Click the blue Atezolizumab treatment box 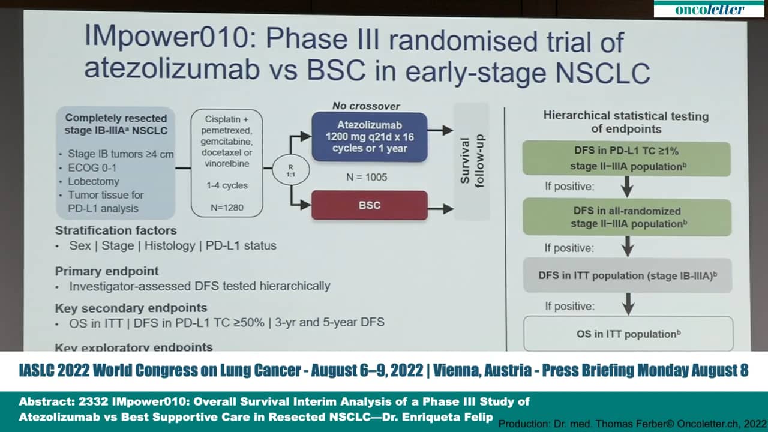pyautogui.click(x=369, y=137)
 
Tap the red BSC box pyautogui.click(x=369, y=205)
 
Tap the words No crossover pyautogui.click(x=366, y=106)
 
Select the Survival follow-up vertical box pyautogui.click(x=472, y=161)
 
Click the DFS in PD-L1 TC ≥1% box pyautogui.click(x=626, y=159)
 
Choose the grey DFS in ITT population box pyautogui.click(x=627, y=275)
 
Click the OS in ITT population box pyautogui.click(x=628, y=334)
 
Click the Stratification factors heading pyautogui.click(x=116, y=230)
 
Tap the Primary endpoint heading pyautogui.click(x=107, y=271)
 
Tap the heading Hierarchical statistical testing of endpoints pyautogui.click(x=626, y=122)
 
